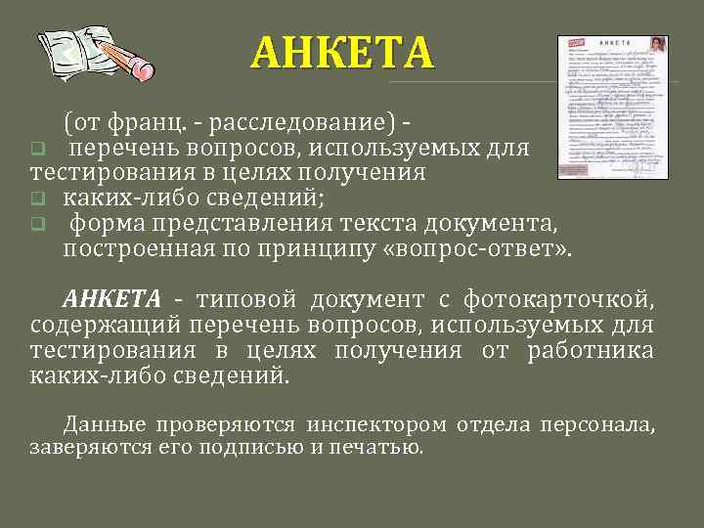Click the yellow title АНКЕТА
[x=340, y=53]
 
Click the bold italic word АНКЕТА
[x=111, y=298]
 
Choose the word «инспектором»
[x=375, y=424]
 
